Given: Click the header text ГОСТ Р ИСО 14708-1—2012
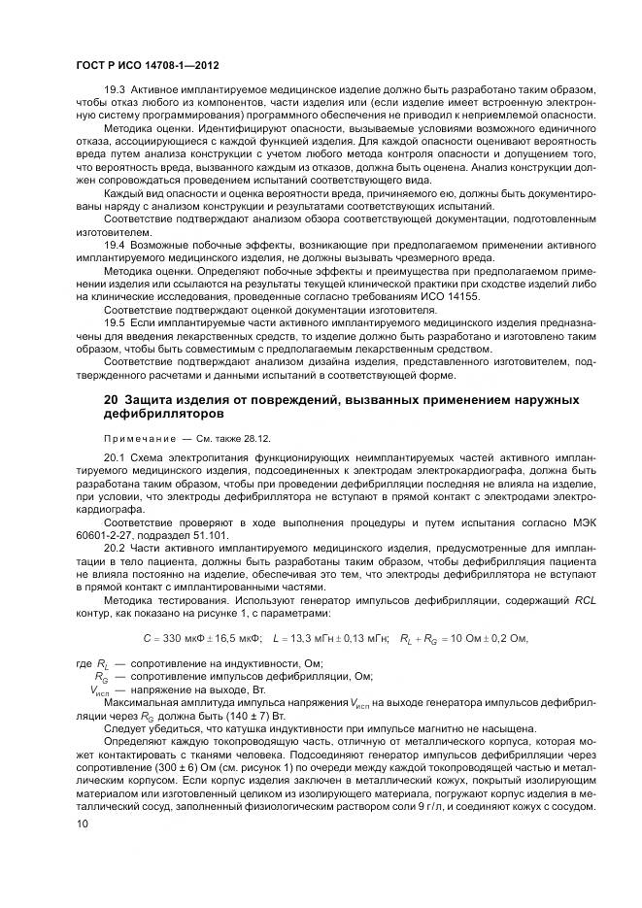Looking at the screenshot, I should pos(146,65).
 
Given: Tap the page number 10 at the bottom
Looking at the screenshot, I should pos(81,824).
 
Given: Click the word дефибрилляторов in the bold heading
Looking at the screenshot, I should pos(154,413).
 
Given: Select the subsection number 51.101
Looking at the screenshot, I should pos(207,534).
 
